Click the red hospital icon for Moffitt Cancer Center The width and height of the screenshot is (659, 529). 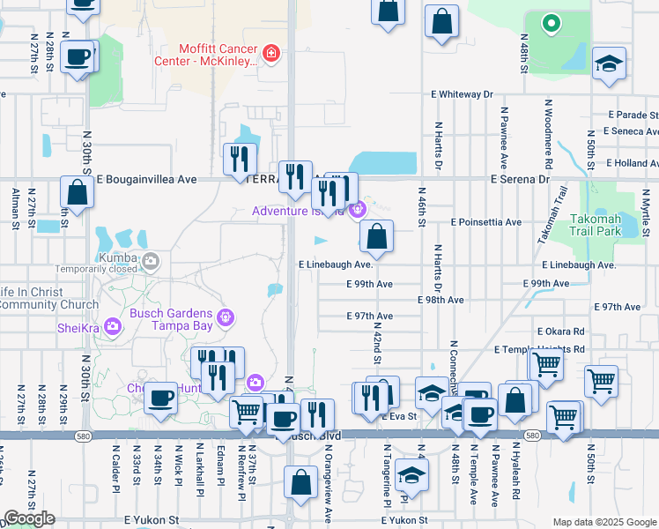click(x=271, y=55)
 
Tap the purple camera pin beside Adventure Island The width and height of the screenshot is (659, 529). click(x=357, y=210)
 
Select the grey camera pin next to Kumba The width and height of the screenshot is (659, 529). click(x=151, y=260)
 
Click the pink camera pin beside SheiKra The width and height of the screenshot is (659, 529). click(x=112, y=327)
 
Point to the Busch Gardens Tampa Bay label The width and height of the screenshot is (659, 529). click(x=171, y=320)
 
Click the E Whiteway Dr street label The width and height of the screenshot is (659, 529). click(x=462, y=93)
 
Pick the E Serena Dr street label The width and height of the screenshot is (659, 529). click(x=520, y=178)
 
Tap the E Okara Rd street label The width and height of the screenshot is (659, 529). click(x=566, y=332)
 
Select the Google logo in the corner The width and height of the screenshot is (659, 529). click(x=29, y=518)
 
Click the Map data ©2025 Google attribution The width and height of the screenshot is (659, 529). click(x=603, y=522)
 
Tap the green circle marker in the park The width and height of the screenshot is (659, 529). click(x=552, y=24)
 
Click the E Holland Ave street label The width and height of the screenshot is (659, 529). click(x=633, y=163)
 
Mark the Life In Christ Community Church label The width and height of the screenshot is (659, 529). click(x=46, y=298)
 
